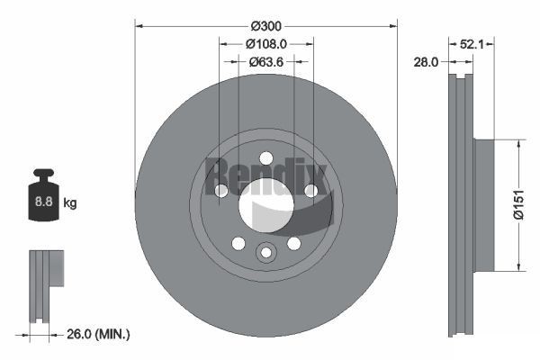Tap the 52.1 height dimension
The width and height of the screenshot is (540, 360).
(472, 42)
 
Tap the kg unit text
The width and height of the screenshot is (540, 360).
(70, 203)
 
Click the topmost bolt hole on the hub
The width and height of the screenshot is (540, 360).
(265, 158)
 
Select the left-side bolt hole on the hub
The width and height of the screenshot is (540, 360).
(221, 190)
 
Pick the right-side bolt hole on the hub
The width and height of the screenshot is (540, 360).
(310, 190)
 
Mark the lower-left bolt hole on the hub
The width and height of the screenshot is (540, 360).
(238, 243)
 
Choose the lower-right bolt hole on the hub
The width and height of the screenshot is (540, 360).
(293, 243)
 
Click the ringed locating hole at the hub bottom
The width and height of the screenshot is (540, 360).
(265, 253)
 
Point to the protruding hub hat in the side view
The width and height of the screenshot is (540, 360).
(484, 204)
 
